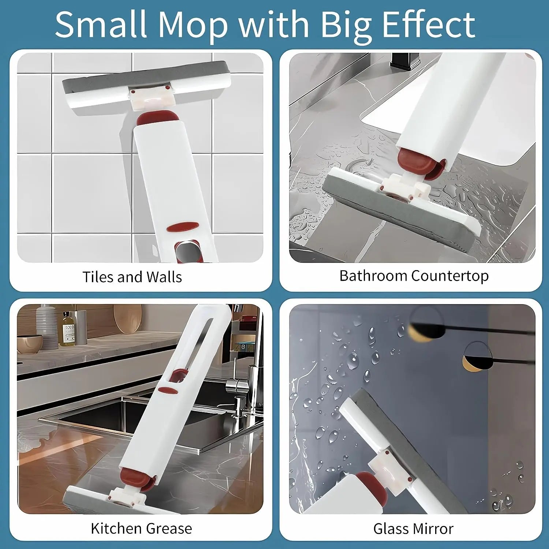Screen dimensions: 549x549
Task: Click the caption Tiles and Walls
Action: [132, 277]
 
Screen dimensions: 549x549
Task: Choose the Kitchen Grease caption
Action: [141, 529]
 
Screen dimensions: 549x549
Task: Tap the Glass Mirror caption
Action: [413, 529]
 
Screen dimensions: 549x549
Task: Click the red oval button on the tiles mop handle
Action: [183, 227]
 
